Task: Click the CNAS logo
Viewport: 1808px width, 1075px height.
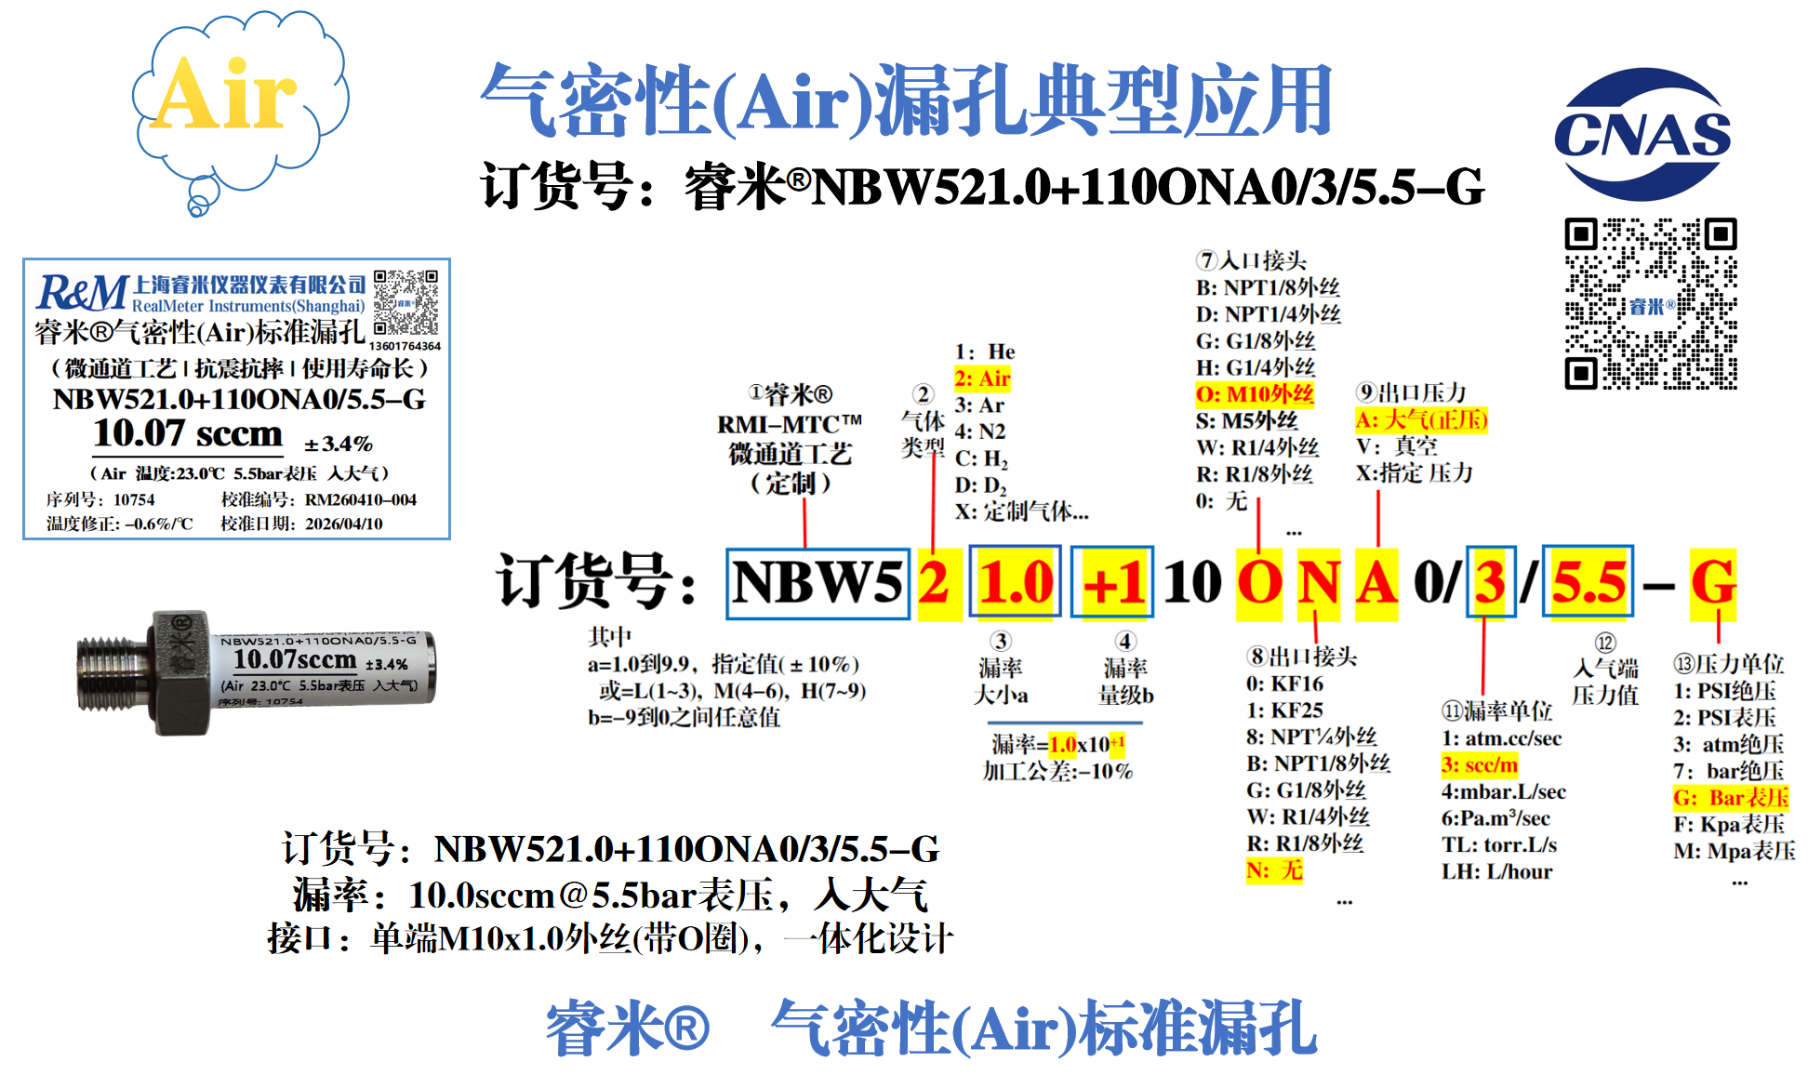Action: tap(1642, 135)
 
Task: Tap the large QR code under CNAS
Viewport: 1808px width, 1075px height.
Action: tap(1650, 303)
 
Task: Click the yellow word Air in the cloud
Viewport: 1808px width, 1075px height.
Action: tap(223, 95)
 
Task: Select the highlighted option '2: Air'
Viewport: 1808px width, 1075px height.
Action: tap(982, 378)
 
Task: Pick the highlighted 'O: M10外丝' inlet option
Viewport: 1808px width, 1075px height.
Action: tap(1255, 394)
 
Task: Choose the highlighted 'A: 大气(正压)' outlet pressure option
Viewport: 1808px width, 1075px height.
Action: tap(1421, 420)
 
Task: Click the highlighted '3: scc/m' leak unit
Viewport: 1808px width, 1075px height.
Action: tap(1479, 765)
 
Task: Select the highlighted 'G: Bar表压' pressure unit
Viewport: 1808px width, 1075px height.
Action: tap(1730, 798)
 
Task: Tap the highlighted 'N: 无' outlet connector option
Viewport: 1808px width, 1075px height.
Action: tap(1274, 870)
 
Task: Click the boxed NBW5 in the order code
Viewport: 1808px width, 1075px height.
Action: tap(818, 584)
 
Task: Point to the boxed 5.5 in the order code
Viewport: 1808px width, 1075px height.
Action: tap(1589, 583)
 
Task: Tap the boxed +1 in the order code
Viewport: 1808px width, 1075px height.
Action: tap(1112, 584)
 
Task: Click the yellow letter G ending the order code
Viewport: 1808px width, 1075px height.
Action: tap(1713, 583)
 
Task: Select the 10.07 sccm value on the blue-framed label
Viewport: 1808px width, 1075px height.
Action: tap(188, 433)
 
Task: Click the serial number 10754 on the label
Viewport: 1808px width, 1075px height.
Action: tap(134, 500)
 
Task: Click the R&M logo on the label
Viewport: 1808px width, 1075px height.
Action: tap(82, 293)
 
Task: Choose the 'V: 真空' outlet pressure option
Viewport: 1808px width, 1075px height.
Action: tap(1397, 446)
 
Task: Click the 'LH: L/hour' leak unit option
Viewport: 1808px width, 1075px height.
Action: tap(1496, 872)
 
